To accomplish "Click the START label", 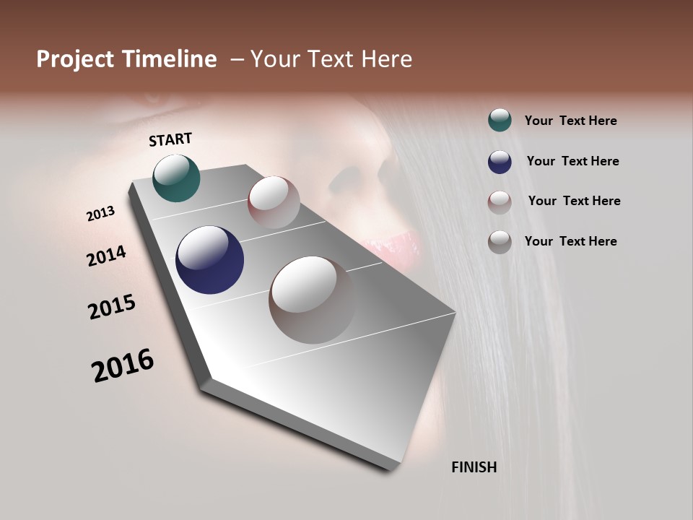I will click(170, 139).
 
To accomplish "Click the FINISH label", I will click(474, 467).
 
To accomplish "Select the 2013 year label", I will click(101, 214).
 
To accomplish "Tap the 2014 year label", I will click(107, 256).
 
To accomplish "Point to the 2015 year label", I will click(112, 307).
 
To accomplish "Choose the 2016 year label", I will click(123, 365).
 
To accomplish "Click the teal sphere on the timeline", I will click(176, 178).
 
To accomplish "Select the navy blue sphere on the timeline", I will click(209, 260).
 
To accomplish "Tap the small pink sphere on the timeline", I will click(274, 201).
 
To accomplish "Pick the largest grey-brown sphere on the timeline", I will click(313, 300).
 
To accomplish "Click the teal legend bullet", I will click(500, 121).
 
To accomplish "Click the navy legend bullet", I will click(500, 162).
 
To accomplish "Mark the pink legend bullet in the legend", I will click(500, 202).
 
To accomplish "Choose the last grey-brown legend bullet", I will click(500, 242).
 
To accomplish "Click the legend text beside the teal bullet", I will click(570, 121).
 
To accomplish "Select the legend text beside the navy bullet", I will click(572, 161).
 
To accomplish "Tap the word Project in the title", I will click(74, 59).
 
